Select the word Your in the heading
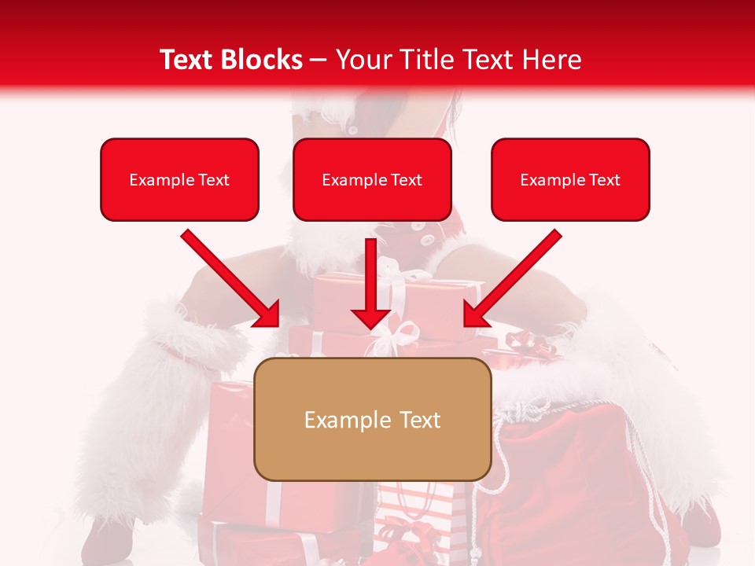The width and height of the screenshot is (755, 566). point(363,60)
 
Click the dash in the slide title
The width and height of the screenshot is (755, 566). point(319,60)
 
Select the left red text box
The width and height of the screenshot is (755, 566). point(179,179)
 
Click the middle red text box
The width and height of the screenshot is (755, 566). point(372,179)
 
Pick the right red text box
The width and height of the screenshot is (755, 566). point(570,179)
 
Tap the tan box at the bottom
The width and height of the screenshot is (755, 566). point(372,419)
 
